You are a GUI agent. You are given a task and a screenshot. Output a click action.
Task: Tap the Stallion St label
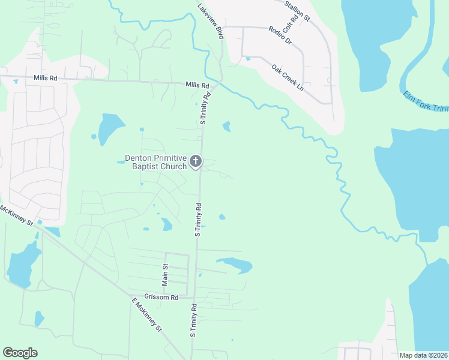pyautogui.click(x=297, y=11)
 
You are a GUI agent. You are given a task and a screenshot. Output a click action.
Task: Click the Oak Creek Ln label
pyautogui.click(x=288, y=77)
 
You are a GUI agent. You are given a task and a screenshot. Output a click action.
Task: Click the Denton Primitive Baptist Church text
pyautogui.click(x=155, y=162)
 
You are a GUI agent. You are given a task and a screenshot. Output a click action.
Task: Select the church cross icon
pyautogui.click(x=195, y=161)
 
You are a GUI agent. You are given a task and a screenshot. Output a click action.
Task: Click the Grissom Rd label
pyautogui.click(x=166, y=297)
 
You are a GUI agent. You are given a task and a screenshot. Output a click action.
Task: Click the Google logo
pyautogui.click(x=20, y=353)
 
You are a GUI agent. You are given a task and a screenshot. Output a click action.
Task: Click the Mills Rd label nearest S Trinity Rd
pyautogui.click(x=197, y=86)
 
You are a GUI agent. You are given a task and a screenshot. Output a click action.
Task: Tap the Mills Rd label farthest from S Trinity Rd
pyautogui.click(x=45, y=78)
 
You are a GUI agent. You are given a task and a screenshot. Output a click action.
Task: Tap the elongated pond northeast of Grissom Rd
pyautogui.click(x=235, y=264)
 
